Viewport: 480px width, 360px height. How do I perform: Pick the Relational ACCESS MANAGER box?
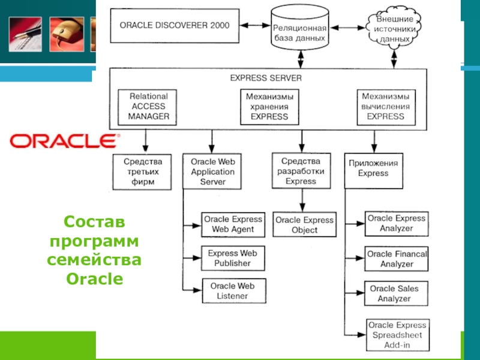[149, 106]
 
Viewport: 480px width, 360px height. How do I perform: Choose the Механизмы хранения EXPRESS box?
[269, 106]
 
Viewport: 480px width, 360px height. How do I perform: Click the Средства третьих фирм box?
[143, 171]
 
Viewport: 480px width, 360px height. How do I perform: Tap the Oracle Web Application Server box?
[212, 171]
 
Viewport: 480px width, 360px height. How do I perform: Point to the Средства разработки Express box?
[301, 170]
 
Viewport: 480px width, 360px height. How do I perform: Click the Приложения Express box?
[373, 168]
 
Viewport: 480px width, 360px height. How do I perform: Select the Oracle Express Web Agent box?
[233, 224]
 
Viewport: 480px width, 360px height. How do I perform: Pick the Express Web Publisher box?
[233, 258]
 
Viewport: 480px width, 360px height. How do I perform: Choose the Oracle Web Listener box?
[233, 291]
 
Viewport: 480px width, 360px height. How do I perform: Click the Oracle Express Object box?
[304, 224]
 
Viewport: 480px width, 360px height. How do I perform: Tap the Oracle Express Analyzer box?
[396, 223]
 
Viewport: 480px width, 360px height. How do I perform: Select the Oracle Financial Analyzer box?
[396, 259]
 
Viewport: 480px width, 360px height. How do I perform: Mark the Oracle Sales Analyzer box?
[396, 293]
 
